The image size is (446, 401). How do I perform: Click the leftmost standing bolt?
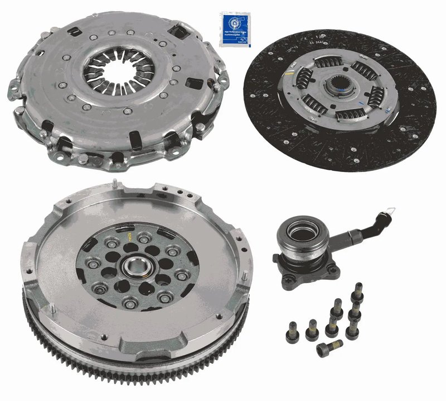(x=292, y=331)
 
